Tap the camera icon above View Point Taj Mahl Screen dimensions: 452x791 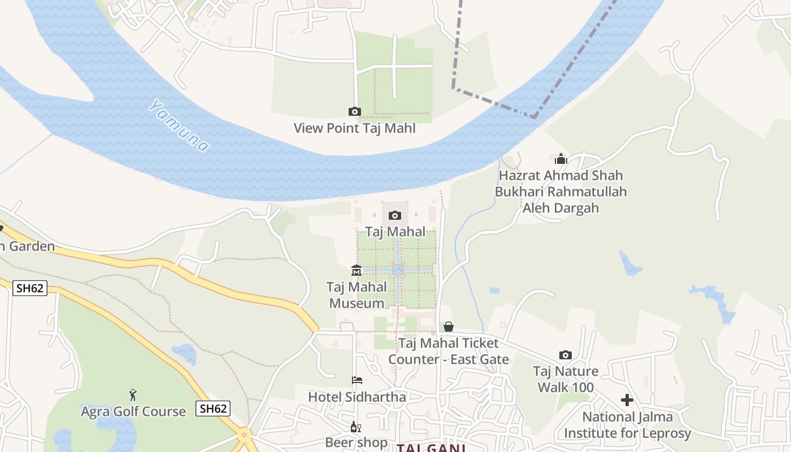[x=355, y=112]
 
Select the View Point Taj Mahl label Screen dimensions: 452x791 [x=355, y=128]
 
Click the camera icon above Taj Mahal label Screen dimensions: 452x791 [x=395, y=215]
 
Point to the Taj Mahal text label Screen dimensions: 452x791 [x=395, y=232]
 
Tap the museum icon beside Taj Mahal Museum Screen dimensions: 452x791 [x=357, y=271]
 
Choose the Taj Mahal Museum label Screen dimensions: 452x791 [x=357, y=295]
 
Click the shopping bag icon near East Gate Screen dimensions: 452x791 [x=449, y=327]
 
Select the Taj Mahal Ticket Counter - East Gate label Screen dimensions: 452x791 [x=449, y=351]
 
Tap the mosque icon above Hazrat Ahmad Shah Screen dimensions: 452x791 [x=560, y=159]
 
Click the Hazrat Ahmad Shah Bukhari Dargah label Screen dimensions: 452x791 [x=560, y=192]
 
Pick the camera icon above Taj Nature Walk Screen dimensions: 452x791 [x=566, y=355]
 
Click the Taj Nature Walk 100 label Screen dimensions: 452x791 [x=566, y=379]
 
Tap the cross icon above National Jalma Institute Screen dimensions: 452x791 [x=627, y=400]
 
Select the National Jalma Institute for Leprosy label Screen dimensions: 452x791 [x=628, y=425]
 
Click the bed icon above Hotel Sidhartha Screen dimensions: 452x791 [x=357, y=380]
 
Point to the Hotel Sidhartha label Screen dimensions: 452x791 [x=357, y=397]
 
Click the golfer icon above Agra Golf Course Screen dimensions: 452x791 [x=133, y=394]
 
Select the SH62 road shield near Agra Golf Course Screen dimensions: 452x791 [x=213, y=408]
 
